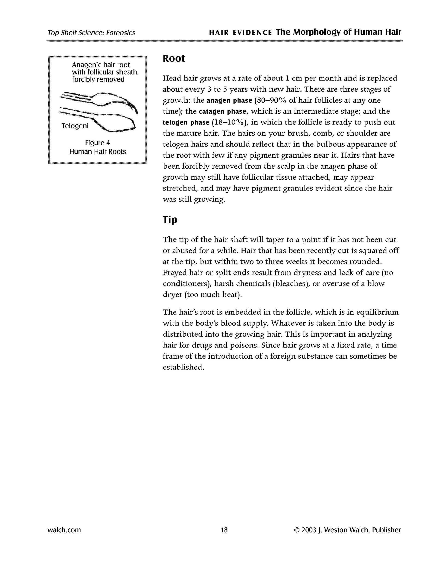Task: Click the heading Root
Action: tap(174, 59)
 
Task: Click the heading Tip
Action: tap(170, 220)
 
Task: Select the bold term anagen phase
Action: tap(229, 100)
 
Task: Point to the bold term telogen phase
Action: tap(186, 122)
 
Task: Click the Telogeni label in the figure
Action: tap(75, 126)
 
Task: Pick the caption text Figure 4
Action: tap(97, 143)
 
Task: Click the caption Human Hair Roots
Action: tap(98, 152)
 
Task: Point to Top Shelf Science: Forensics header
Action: tap(91, 33)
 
